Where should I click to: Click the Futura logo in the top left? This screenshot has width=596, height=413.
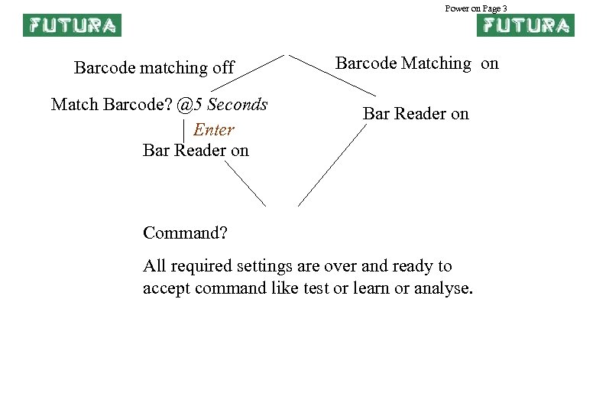[x=72, y=25]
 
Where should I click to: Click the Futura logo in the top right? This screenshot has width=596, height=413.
[x=525, y=25]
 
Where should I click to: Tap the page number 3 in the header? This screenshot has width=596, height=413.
[x=505, y=8]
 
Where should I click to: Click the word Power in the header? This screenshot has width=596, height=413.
[x=457, y=8]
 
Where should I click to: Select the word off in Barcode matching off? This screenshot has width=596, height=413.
[x=222, y=68]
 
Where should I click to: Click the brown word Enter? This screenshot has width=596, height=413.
[x=214, y=130]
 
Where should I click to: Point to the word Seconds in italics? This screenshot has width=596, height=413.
[x=238, y=104]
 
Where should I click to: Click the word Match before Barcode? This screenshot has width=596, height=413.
[x=73, y=104]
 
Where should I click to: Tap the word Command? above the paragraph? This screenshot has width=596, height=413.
[x=186, y=231]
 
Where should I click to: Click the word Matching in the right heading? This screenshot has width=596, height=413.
[x=436, y=63]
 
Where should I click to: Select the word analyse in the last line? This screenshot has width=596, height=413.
[x=443, y=288]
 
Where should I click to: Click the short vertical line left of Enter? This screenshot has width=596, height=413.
[x=185, y=130]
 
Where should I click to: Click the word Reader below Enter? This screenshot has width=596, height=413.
[x=200, y=150]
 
